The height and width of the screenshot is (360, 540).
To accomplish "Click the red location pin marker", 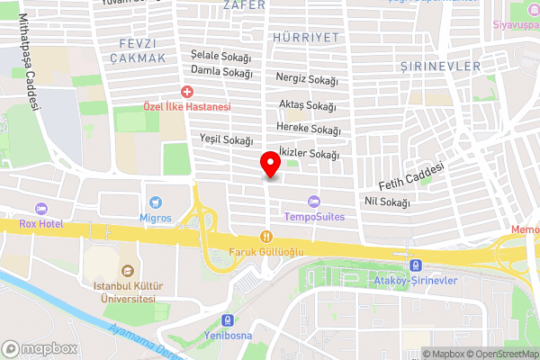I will coord(269,166).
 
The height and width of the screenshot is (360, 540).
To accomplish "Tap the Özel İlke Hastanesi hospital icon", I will coord(187,92).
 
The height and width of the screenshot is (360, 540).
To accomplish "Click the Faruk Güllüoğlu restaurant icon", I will coord(265,236).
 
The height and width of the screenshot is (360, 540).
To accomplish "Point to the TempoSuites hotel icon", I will coord(313,202).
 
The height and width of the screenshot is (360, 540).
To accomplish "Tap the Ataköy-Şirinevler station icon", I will coord(416,265).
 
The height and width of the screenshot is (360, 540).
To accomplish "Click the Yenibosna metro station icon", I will coord(228,320).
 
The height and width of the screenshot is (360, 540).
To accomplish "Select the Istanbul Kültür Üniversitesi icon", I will coord(127,270).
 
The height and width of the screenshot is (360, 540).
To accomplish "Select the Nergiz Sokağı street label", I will coord(308,79).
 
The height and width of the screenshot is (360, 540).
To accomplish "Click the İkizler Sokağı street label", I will coord(309,154).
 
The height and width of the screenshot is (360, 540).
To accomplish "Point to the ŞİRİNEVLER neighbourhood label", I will coord(441,67).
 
